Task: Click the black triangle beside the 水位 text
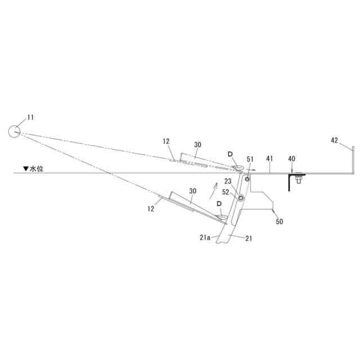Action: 25,168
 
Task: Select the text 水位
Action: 37,168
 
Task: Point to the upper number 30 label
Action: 197,145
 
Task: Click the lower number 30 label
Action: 192,191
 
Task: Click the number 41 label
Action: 271,159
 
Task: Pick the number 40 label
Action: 291,159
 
